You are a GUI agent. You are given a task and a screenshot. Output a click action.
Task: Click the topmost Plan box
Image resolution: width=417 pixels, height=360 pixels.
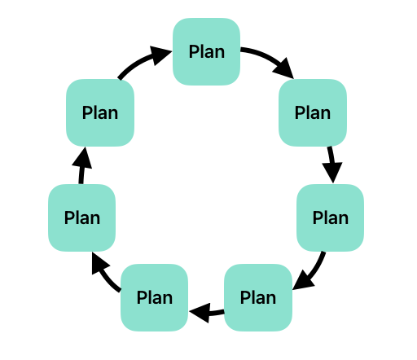coord(206,51)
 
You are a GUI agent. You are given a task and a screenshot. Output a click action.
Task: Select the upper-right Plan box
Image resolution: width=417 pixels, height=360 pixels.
coord(313,112)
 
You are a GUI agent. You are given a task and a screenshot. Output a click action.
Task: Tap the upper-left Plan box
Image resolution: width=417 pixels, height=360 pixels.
coord(100,112)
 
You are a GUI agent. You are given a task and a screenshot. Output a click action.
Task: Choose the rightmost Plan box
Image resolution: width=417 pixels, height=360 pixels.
coord(330,217)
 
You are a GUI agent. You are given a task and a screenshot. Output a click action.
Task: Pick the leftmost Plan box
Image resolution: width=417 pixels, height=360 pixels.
coord(82,217)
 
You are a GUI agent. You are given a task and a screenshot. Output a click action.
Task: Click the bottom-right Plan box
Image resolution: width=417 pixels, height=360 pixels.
coord(258,297)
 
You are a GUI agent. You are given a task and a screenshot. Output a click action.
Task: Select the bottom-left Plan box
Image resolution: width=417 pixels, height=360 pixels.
coord(155,297)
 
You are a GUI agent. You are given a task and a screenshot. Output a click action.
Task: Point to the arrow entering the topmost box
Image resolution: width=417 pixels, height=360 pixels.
coord(141,60)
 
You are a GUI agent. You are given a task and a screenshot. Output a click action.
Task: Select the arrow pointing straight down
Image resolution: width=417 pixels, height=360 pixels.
coord(331,165)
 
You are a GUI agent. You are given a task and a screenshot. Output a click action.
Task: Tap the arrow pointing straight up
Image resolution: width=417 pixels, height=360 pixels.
coord(81,165)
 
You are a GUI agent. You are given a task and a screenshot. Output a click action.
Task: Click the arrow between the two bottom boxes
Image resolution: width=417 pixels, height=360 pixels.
coord(207,313)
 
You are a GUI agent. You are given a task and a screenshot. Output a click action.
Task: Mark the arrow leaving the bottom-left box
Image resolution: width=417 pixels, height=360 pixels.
coord(103,273)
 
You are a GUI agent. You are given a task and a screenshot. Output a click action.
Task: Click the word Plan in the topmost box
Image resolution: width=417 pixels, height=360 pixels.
coord(207,51)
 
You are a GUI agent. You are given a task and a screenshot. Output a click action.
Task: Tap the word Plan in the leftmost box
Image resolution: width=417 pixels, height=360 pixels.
coord(82,217)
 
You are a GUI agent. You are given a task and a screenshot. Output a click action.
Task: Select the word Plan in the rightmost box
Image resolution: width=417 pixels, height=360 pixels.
coord(331,217)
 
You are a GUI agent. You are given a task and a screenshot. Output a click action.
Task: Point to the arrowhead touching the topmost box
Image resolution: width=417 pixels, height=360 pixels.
coord(160,55)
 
